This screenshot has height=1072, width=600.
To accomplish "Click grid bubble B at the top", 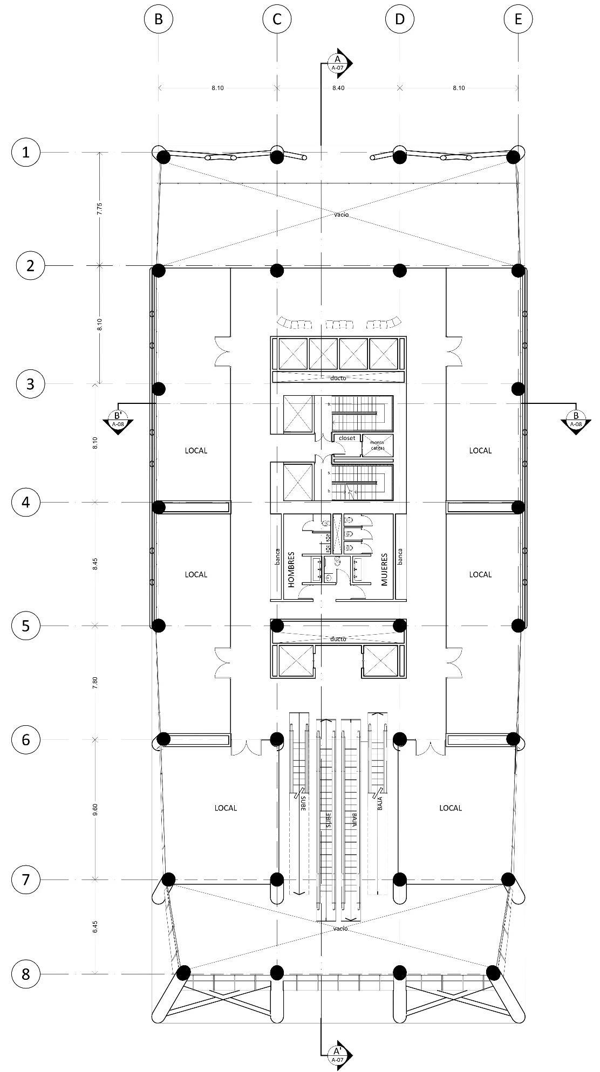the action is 158,19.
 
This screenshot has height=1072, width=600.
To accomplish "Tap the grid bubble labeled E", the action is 518,19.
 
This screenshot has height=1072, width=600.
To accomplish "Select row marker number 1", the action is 25,153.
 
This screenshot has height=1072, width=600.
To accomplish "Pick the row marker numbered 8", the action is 25,974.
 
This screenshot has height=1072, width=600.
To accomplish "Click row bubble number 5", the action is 25,626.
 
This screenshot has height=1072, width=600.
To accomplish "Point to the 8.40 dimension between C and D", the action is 338,88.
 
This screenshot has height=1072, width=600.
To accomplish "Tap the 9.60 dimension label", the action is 95,809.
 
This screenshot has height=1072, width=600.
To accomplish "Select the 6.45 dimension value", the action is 95,927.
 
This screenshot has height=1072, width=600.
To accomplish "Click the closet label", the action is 347,438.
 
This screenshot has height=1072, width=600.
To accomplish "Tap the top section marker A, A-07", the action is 338,63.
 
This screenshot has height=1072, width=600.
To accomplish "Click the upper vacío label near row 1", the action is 341,215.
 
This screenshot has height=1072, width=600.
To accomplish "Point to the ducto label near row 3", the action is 338,378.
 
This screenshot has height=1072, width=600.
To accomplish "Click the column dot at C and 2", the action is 277,270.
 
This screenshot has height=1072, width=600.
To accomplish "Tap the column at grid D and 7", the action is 399,879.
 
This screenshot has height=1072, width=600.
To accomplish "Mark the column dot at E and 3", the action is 518,388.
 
